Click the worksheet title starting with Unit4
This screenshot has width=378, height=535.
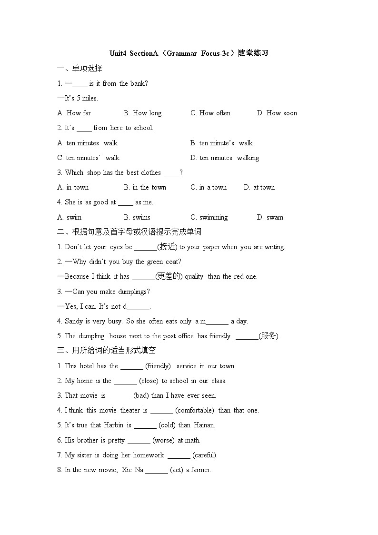point(189,53)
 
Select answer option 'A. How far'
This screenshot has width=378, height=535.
point(74,113)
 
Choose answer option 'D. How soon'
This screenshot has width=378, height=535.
point(277,113)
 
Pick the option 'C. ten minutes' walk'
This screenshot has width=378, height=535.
point(88,158)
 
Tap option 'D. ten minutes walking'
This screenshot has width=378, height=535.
point(225,158)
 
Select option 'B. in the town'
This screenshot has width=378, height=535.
point(145,188)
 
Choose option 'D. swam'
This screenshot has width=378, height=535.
point(270,218)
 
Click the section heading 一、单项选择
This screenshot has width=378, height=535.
point(80,69)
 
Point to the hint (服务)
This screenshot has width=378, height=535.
point(269,336)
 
